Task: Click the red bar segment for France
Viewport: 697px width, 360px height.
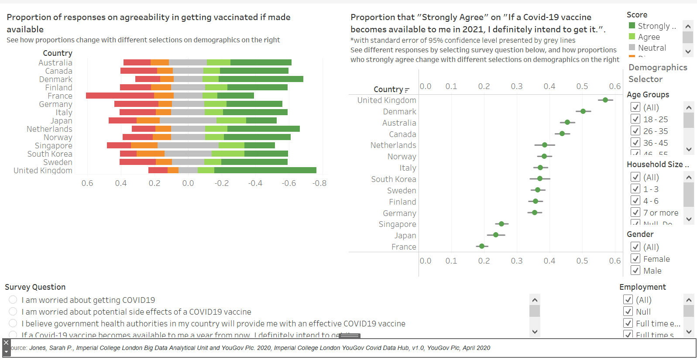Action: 120,96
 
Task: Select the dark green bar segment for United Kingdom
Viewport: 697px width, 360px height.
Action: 265,170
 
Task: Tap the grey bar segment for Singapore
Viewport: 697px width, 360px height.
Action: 188,145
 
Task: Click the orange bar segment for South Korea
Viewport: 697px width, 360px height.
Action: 151,154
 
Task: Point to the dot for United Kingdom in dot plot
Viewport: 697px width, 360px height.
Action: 605,100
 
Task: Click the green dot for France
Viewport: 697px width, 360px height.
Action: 482,246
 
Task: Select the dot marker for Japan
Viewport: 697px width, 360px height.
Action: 496,235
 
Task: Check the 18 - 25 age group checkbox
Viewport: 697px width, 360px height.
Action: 635,119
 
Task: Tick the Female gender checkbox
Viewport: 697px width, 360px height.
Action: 635,259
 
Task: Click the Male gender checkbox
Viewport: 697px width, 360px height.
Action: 635,271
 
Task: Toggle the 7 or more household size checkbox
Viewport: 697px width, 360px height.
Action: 635,213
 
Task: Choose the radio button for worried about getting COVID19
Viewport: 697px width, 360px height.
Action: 13,300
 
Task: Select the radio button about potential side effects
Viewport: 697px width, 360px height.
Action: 13,312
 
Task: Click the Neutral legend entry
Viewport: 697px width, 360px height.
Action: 652,48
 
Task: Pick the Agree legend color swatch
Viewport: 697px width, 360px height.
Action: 632,37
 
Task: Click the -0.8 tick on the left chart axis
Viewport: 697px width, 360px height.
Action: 319,183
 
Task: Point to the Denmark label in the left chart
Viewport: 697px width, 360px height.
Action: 55,79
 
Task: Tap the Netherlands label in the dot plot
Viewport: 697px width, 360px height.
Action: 393,145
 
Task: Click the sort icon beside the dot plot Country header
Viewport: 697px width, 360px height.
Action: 407,90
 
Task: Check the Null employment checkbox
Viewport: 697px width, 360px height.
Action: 628,312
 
